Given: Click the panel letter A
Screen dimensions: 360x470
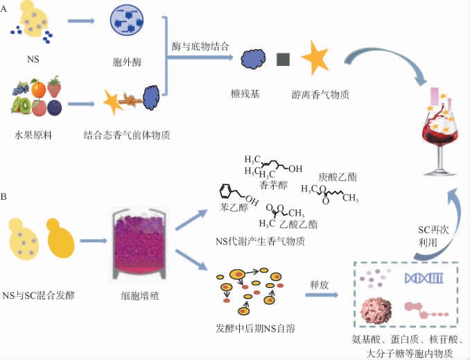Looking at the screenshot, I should (x=6, y=8).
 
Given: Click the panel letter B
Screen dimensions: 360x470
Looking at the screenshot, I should (x=6, y=197).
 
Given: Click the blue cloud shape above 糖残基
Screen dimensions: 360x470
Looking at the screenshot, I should (x=245, y=59).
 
